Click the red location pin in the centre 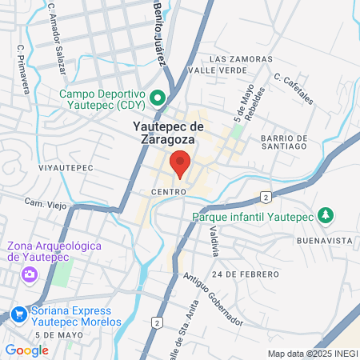pyautogui.click(x=180, y=162)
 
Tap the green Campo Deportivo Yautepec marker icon pyautogui.click(x=158, y=98)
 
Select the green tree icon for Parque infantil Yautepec pyautogui.click(x=325, y=215)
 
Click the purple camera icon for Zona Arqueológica pyautogui.click(x=29, y=274)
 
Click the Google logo pyautogui.click(x=26, y=350)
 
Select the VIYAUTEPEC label pyautogui.click(x=66, y=168)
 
